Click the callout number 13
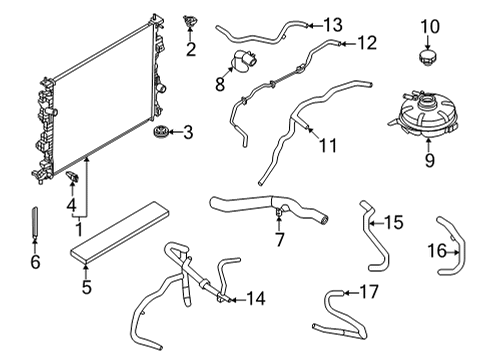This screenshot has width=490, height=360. (332, 25)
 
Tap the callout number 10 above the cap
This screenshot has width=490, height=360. (430, 27)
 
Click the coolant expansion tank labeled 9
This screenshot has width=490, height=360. (423, 114)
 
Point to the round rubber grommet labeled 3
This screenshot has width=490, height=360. (160, 131)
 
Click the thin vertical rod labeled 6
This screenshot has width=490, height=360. (35, 222)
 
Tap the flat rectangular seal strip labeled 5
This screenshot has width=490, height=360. (120, 233)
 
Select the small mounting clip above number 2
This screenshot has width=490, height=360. (190, 21)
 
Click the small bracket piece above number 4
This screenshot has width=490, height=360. (72, 177)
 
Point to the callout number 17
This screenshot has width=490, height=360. (369, 292)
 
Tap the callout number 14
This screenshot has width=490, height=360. (256, 298)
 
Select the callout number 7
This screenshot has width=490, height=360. (279, 239)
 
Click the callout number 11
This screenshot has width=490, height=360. (328, 145)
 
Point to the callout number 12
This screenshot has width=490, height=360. (367, 43)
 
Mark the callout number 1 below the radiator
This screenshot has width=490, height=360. (79, 229)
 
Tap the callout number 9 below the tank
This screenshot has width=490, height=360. (430, 160)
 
